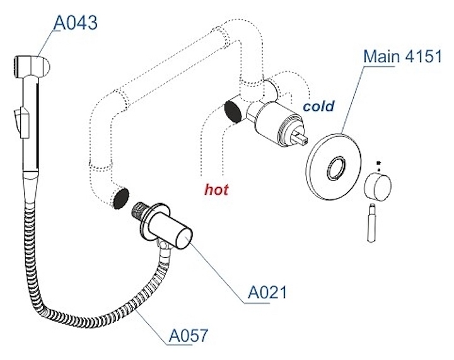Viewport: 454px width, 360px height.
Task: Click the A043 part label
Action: [x=76, y=23]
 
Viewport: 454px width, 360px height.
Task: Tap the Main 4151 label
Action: [x=403, y=56]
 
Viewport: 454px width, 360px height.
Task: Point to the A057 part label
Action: [x=189, y=335]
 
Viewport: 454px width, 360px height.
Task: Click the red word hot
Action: [x=216, y=190]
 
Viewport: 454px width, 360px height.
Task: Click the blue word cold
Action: [x=318, y=106]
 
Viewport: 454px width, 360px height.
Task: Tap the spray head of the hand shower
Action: [x=32, y=67]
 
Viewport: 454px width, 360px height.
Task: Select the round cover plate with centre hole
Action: [x=334, y=166]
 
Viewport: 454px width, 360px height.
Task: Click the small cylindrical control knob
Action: [x=378, y=187]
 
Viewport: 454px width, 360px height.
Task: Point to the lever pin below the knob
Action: [x=372, y=223]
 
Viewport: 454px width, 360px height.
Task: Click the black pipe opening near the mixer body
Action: [x=233, y=112]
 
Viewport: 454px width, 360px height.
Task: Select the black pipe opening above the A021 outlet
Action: [x=121, y=198]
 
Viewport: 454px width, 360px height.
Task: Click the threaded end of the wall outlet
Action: [x=140, y=211]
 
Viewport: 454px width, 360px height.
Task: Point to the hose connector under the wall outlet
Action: [x=164, y=247]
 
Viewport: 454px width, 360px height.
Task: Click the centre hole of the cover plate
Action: [x=336, y=168]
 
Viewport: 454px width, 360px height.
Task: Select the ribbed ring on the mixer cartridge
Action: [x=285, y=129]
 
